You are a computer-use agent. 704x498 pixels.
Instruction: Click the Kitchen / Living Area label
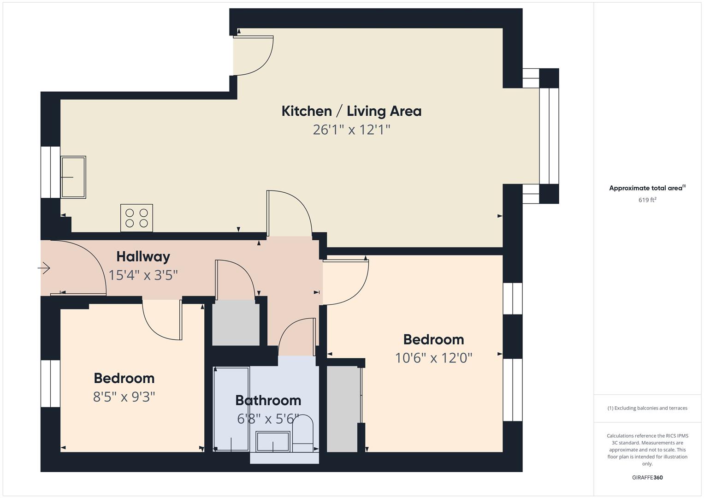point(351,111)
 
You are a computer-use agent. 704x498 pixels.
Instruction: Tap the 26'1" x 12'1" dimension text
point(351,130)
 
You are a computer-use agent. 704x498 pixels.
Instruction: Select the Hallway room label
point(143,257)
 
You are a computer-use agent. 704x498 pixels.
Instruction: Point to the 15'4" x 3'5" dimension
point(143,275)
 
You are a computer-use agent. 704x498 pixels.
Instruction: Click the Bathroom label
point(268,401)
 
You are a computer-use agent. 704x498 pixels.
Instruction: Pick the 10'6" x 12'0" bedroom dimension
point(434,358)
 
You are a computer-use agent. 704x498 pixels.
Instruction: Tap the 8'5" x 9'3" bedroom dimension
point(124,397)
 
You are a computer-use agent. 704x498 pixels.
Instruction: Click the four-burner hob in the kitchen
point(137,218)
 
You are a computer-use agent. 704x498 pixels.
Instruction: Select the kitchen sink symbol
point(73,177)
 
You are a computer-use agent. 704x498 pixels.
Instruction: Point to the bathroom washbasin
point(273,442)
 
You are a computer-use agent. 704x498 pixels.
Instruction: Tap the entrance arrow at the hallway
point(44,268)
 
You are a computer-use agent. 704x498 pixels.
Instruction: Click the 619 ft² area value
point(647,200)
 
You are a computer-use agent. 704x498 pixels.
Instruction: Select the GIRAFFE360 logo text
point(647,477)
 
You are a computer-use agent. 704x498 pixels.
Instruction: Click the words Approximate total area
point(646,188)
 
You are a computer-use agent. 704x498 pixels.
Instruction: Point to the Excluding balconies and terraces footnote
point(647,408)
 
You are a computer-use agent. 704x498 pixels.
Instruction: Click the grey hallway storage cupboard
point(236,323)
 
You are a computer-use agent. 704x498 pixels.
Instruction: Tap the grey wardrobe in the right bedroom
point(343,409)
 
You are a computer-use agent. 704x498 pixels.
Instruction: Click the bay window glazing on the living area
point(549,136)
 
